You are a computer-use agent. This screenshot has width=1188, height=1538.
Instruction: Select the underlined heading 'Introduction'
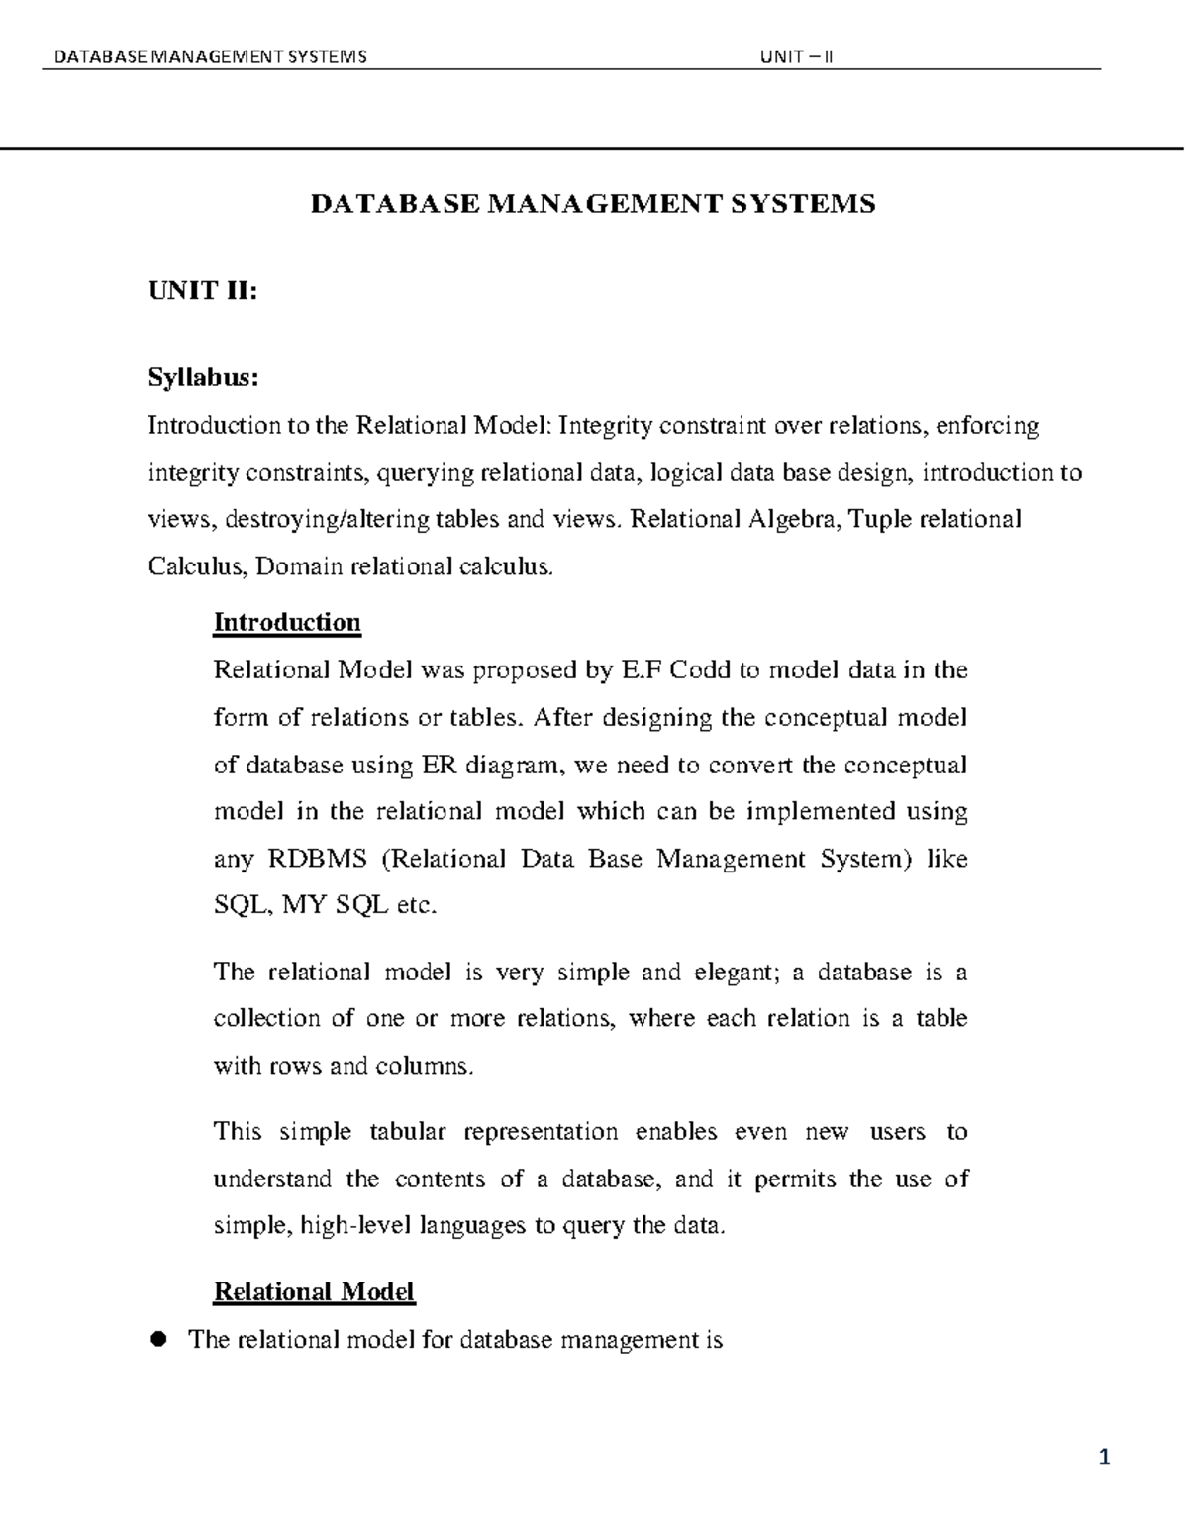[x=287, y=622]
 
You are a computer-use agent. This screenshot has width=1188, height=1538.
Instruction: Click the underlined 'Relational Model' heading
[x=314, y=1291]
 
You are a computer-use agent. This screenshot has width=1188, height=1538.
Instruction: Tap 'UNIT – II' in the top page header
[x=796, y=56]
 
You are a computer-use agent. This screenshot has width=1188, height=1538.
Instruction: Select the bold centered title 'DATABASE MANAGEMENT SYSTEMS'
[x=593, y=204]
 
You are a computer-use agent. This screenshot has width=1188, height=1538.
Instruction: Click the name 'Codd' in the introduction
[x=701, y=670]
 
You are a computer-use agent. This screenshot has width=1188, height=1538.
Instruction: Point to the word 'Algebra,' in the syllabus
[x=794, y=519]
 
